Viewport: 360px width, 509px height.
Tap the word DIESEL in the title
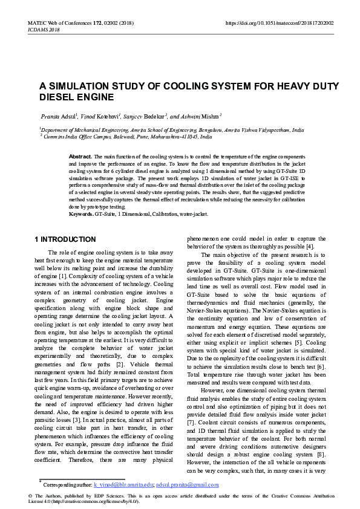click(x=60, y=97)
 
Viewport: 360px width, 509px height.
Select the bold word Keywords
click(x=81, y=214)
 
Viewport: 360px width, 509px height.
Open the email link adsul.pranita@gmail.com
click(x=187, y=485)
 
